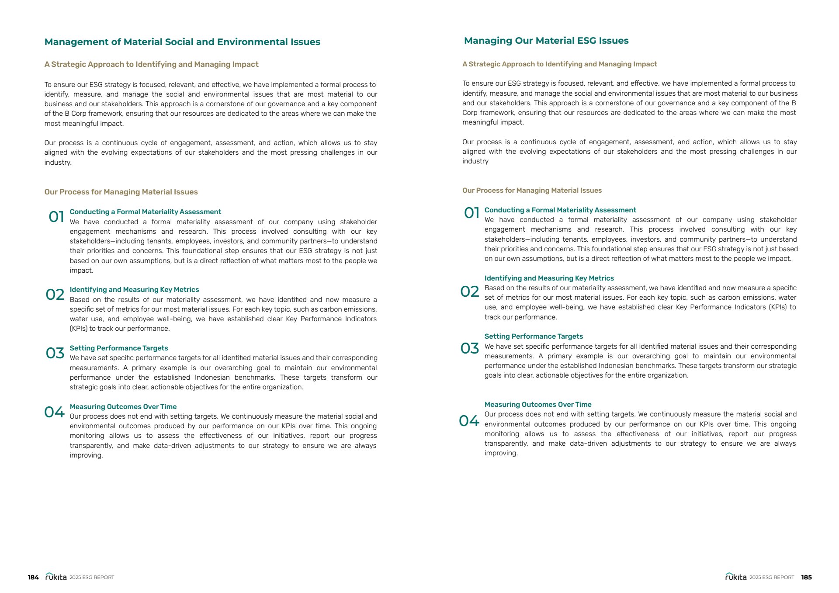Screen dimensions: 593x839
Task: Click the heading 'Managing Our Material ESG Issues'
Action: (x=546, y=41)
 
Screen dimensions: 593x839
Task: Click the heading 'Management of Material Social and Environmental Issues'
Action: (x=182, y=42)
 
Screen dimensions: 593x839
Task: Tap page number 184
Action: (x=33, y=577)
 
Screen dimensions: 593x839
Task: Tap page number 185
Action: (x=806, y=577)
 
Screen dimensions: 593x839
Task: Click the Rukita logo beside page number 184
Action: (x=56, y=577)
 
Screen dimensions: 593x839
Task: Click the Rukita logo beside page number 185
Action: (x=736, y=577)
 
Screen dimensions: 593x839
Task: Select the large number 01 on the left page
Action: (x=56, y=217)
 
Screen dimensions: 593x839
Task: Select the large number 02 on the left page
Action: (x=55, y=295)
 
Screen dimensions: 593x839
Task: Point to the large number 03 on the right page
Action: (x=470, y=348)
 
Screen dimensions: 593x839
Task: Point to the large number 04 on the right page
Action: (x=469, y=421)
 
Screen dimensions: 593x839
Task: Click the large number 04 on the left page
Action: (x=55, y=412)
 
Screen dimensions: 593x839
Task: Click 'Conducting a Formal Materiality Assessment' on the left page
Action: (x=146, y=212)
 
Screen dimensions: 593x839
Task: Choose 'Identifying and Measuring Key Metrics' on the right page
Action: (x=549, y=278)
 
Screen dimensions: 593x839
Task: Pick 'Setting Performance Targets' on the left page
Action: (x=119, y=348)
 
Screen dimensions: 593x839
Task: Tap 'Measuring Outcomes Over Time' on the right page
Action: (x=538, y=405)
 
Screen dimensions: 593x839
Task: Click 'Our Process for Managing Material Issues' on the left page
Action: (x=121, y=192)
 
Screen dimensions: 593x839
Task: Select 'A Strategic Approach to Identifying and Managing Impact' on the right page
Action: (x=559, y=64)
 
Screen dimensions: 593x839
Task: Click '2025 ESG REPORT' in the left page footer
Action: (x=92, y=577)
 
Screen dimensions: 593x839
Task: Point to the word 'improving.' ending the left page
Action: (x=87, y=455)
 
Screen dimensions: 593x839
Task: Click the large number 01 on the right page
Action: (x=472, y=213)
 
